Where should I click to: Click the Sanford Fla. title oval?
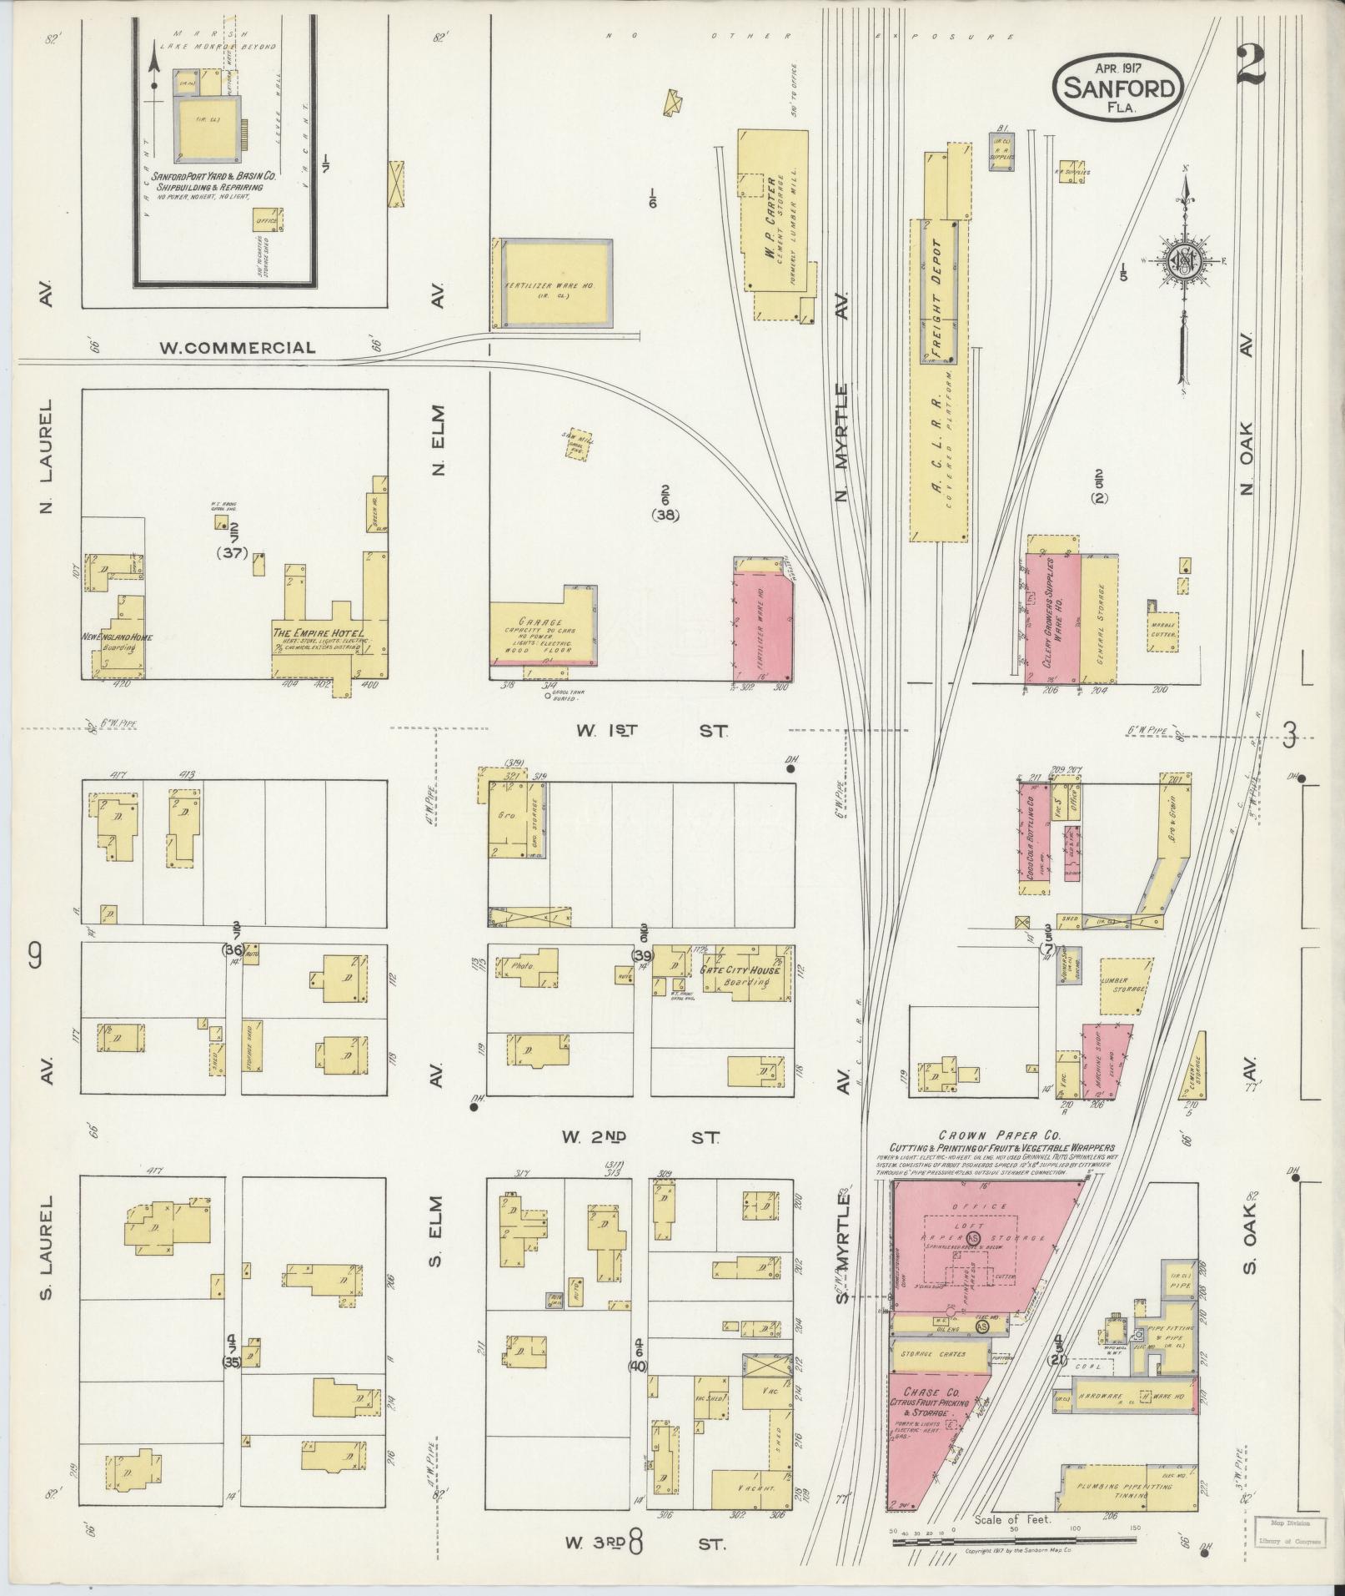coord(1118,88)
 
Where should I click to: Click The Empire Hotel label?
coord(317,633)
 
